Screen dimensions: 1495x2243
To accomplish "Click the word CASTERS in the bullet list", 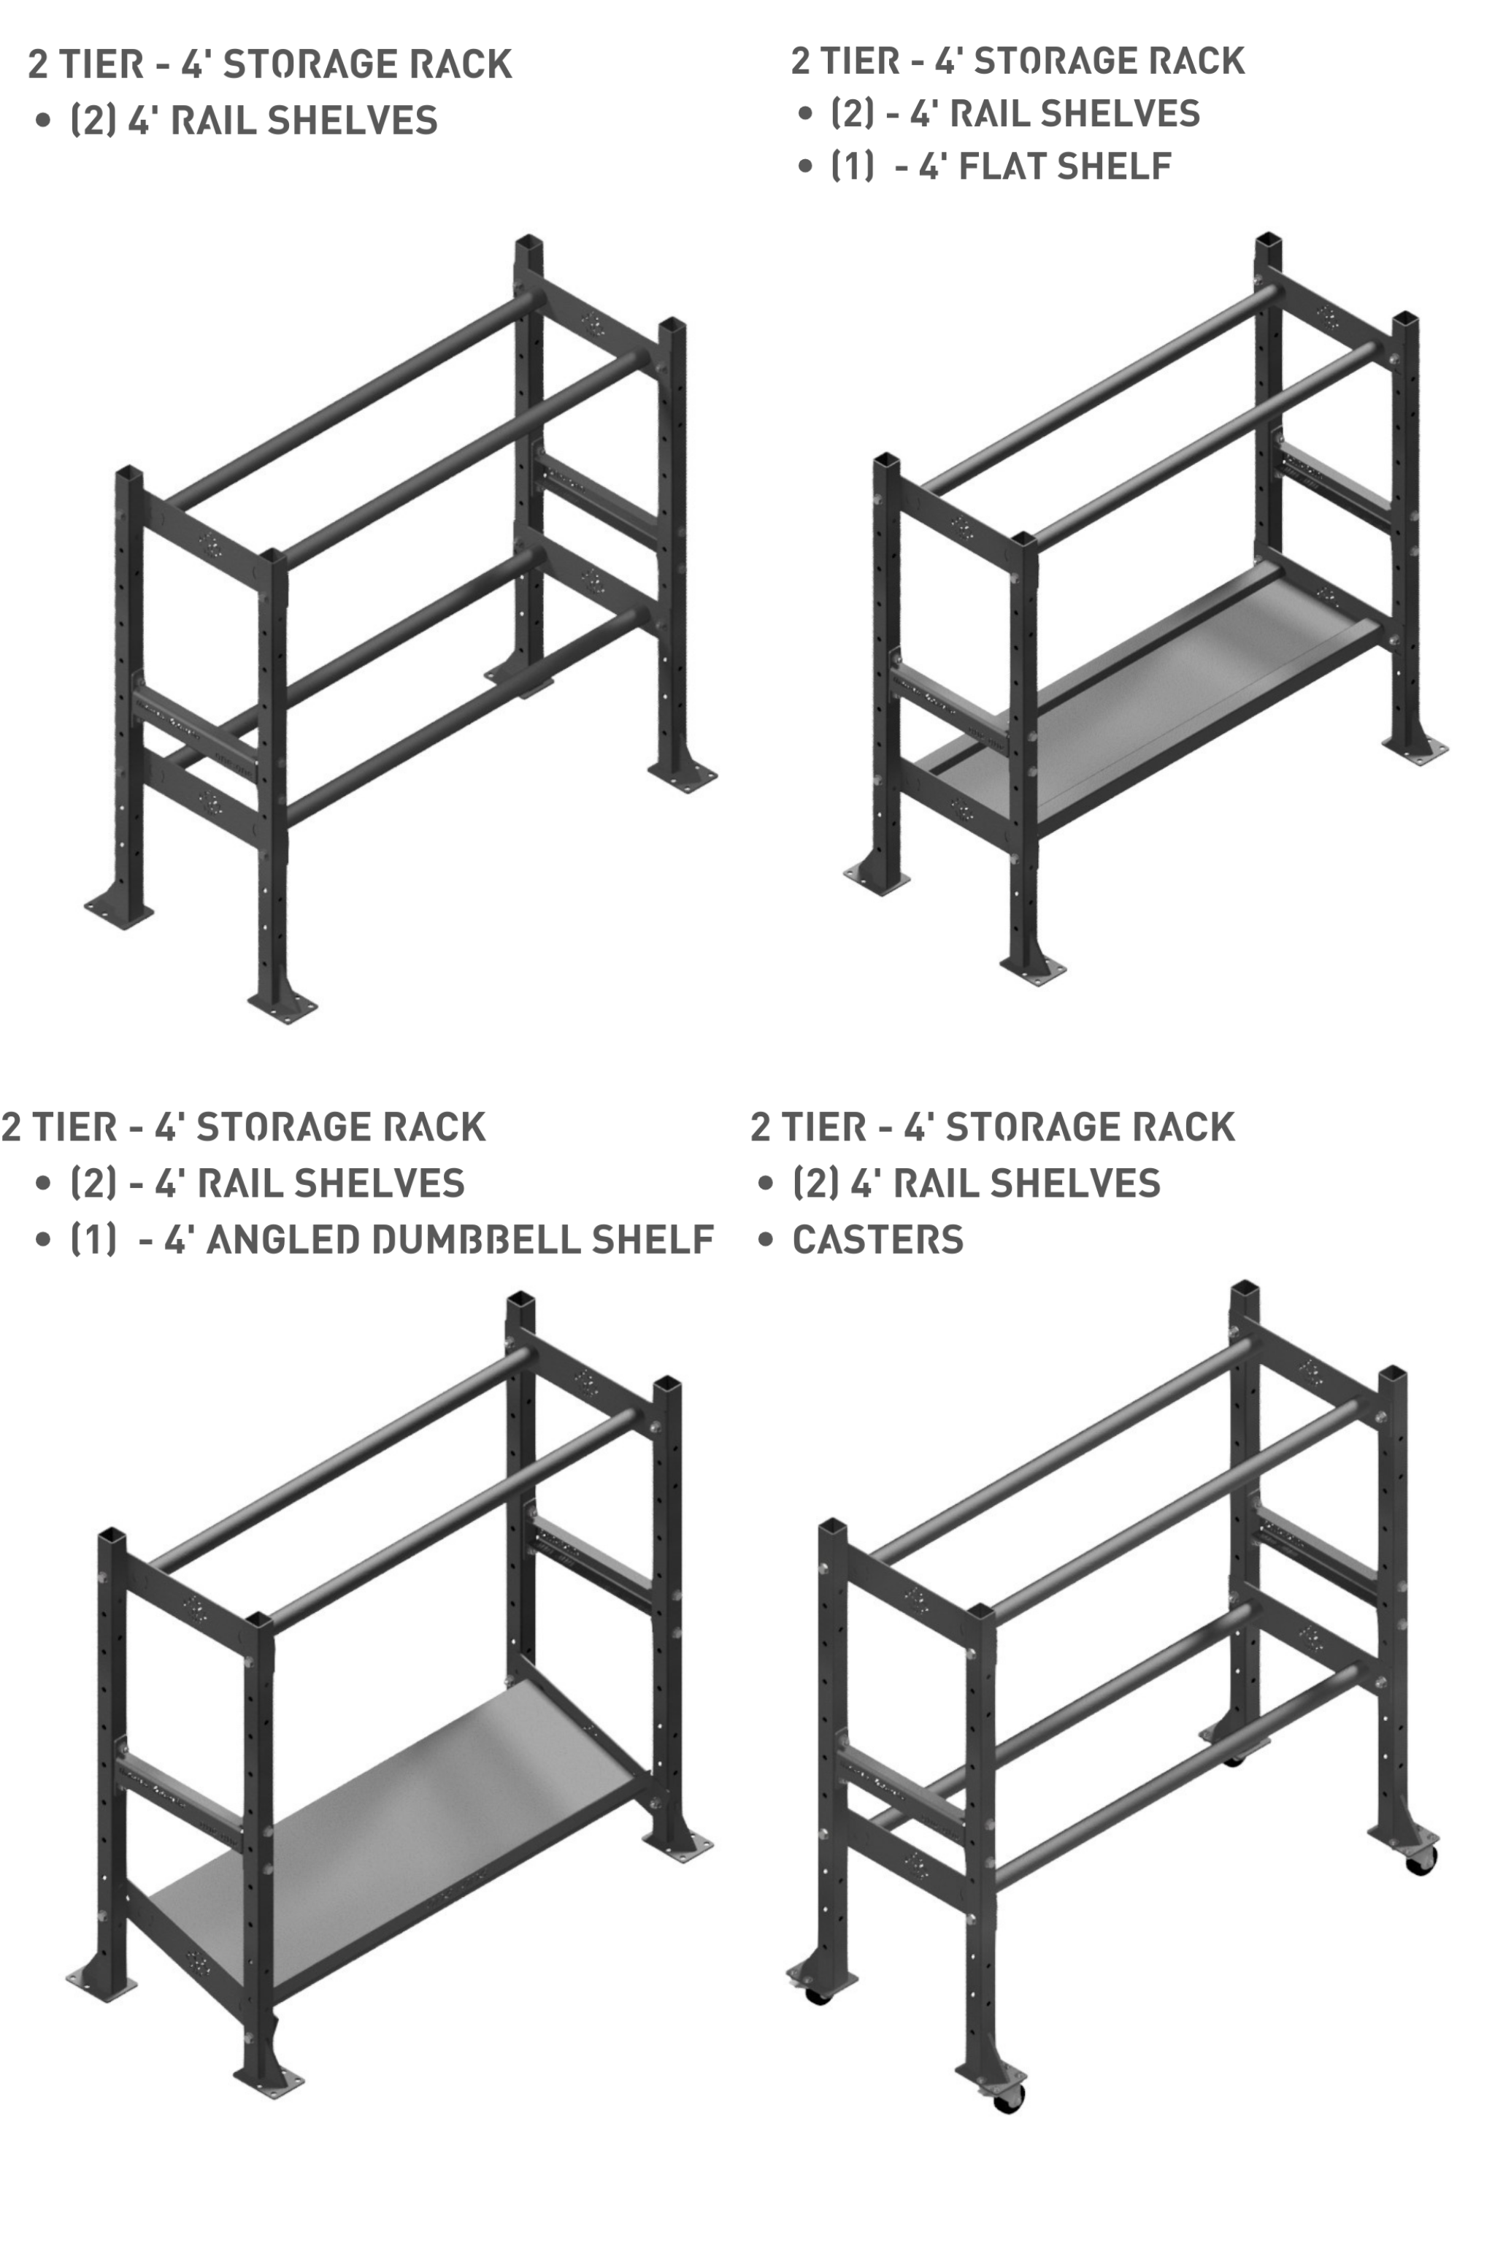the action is [877, 1240].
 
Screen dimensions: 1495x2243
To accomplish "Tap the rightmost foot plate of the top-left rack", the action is [683, 775].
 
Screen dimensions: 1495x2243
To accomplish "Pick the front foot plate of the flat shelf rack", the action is [1033, 970].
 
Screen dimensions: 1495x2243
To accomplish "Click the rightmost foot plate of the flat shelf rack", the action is [1415, 750].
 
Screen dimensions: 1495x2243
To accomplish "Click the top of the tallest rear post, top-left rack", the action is [529, 240].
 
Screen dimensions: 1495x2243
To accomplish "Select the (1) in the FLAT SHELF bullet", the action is [853, 166].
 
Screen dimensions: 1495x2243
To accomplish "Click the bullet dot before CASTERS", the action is [765, 1240].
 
